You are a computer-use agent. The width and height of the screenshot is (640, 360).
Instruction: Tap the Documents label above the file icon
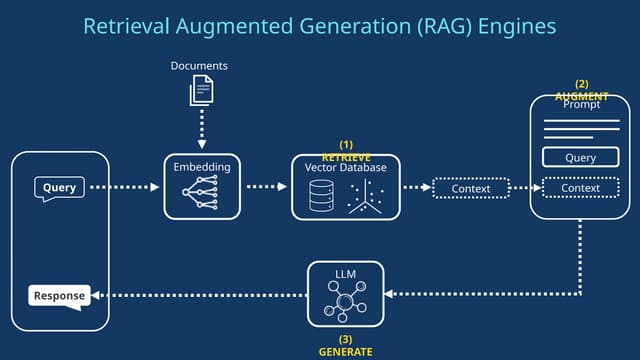[x=200, y=66]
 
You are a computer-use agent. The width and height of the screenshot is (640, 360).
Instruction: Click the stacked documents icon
[x=201, y=92]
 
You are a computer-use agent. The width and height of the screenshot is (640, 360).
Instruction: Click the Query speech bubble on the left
[x=59, y=187]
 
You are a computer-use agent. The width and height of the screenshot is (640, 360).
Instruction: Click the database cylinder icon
[x=320, y=196]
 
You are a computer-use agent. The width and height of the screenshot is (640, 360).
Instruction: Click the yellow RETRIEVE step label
[x=346, y=158]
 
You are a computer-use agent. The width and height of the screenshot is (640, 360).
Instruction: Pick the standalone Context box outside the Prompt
[x=471, y=188]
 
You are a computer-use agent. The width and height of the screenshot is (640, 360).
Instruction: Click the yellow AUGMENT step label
[x=581, y=96]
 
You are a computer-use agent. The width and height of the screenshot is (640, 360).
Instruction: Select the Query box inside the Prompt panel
[x=580, y=157]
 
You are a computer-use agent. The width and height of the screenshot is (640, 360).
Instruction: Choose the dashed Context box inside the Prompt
[x=580, y=188]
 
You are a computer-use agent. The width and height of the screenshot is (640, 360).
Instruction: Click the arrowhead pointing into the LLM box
[x=391, y=295]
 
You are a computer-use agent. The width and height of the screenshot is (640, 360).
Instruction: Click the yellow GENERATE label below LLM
[x=345, y=352]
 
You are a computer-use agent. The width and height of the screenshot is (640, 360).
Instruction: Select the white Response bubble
[x=59, y=295]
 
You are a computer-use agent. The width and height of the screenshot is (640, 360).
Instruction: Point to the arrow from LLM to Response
[x=200, y=295]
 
